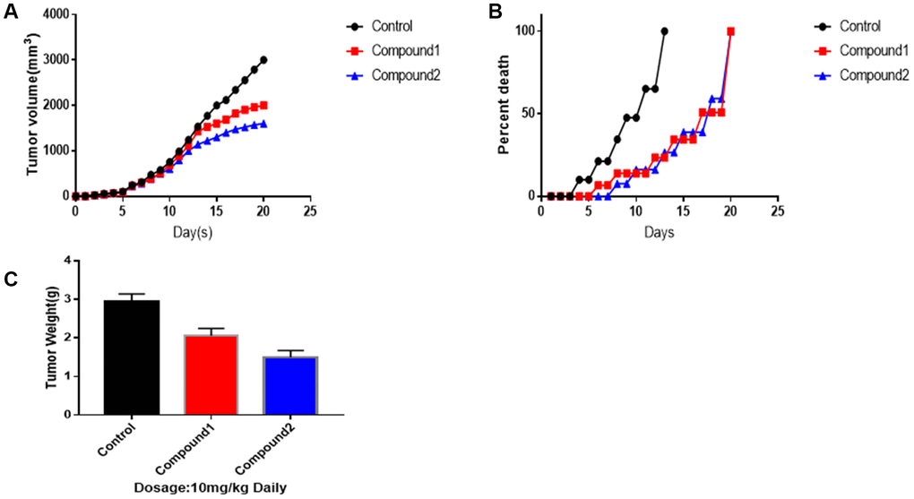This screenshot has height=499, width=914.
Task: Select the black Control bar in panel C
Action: [132, 357]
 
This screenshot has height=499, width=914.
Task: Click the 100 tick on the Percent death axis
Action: [523, 31]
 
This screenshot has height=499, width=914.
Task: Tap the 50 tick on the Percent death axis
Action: [527, 114]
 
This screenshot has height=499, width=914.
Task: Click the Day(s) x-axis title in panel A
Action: [191, 231]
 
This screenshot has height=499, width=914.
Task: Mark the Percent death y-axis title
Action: [504, 114]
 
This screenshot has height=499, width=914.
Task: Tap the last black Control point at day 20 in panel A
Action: [263, 60]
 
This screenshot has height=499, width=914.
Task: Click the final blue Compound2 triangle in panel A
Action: [263, 124]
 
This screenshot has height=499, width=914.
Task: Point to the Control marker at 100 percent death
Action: [664, 31]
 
